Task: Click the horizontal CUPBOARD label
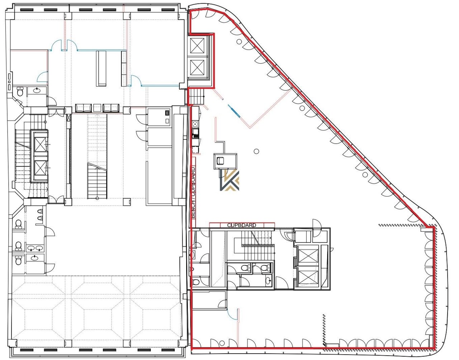[x=241, y=225]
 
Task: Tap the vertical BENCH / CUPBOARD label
[x=193, y=193]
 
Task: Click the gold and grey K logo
[x=229, y=181]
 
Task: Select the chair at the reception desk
[x=220, y=161]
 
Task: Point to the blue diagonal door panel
[x=234, y=111]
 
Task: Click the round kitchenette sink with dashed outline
[x=196, y=124]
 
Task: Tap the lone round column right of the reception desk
[x=256, y=151]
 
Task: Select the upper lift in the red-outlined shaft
[x=198, y=45]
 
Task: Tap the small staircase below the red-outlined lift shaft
[x=196, y=96]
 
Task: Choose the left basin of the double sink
[x=31, y=248]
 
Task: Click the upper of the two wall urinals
[x=40, y=211]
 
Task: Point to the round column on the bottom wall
[x=221, y=343]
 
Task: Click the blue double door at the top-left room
[x=64, y=45]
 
